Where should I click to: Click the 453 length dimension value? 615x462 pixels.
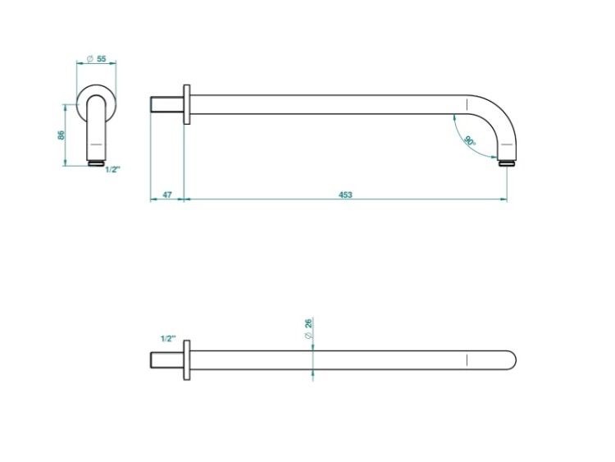tap(345, 194)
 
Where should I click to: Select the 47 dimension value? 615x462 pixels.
tap(167, 194)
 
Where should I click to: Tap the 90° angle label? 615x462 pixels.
tap(470, 140)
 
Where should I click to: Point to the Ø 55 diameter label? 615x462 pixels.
tap(97, 59)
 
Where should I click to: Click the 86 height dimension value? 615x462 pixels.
tap(61, 135)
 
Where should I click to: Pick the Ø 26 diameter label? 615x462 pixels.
tap(308, 329)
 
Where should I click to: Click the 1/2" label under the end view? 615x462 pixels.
tap(113, 170)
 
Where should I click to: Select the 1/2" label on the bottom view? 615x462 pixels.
tap(169, 338)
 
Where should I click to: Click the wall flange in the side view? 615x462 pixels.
tap(187, 104)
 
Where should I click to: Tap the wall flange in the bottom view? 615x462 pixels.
tap(187, 360)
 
